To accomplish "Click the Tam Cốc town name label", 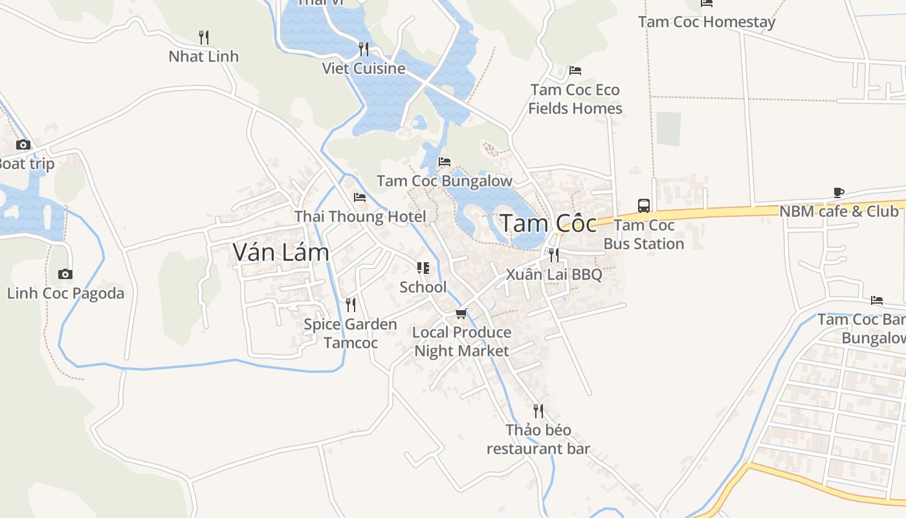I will (x=548, y=223).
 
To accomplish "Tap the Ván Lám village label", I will (x=281, y=252).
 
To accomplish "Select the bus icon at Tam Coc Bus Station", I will (x=644, y=206).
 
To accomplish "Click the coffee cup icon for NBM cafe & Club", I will (x=839, y=192).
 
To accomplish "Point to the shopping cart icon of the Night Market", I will (x=461, y=313).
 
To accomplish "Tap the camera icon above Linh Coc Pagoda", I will (x=65, y=274).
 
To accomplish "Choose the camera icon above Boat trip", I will (x=23, y=144).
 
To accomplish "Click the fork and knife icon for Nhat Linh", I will (x=203, y=37).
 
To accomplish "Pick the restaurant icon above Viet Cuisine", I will (x=364, y=49).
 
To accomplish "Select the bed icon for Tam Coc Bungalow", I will (x=445, y=161).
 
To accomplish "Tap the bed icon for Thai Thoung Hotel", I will (x=360, y=197).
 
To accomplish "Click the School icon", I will (x=423, y=267).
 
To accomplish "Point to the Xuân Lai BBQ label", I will (x=554, y=274).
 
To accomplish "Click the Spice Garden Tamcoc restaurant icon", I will (x=351, y=304).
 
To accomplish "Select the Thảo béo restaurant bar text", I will (x=538, y=439).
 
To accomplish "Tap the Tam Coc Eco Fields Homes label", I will (x=575, y=99).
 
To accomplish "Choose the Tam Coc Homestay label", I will (x=707, y=22).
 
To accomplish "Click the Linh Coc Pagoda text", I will (x=65, y=293).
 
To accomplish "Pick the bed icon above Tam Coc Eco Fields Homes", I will (x=575, y=70).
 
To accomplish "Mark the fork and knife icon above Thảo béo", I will (x=538, y=411).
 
